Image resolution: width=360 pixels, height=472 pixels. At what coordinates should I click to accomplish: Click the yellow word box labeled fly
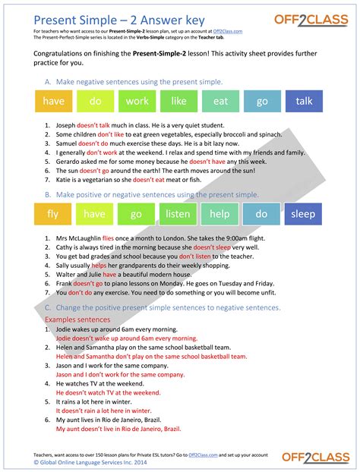coord(52,214)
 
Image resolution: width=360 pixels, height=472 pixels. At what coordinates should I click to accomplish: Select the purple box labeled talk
coord(304,100)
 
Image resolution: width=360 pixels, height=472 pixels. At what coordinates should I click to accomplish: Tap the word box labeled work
coord(137,100)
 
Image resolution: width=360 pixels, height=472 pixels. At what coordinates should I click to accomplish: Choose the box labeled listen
coord(178,214)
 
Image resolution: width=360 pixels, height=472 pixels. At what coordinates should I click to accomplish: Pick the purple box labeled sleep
coord(303,214)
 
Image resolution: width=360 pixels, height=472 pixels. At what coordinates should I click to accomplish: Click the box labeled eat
coord(220,100)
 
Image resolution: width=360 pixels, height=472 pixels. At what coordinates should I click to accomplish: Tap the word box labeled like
coord(178,100)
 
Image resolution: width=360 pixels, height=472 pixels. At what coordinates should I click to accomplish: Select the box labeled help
coord(219,214)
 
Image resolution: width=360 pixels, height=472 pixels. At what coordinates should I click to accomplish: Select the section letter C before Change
coord(48,307)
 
